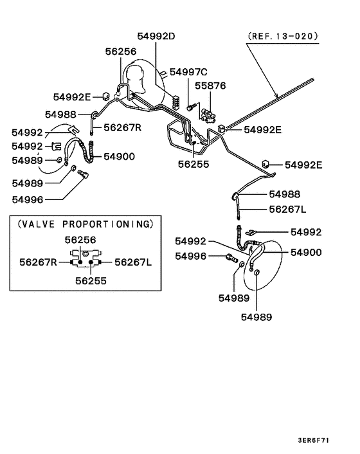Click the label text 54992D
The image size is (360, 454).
[156, 36]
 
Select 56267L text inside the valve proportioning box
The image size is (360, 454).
[132, 262]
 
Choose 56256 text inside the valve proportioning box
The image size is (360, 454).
[80, 241]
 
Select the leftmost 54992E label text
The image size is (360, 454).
[73, 97]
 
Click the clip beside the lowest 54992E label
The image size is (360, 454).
[265, 161]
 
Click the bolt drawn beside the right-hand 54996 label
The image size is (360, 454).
[231, 259]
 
